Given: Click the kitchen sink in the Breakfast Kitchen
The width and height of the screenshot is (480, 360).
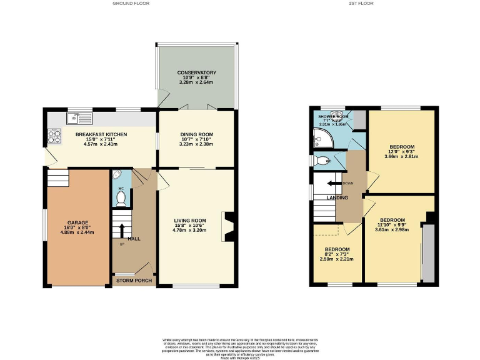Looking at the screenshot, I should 81,116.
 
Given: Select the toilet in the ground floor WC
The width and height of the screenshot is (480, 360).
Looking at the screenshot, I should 121,199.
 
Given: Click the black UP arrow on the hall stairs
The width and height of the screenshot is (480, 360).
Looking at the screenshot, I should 122,228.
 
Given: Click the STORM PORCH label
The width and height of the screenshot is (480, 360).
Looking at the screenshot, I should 134,281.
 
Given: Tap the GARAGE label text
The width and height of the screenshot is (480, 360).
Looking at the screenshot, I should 78,222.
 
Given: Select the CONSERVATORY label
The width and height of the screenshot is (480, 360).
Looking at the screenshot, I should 196,72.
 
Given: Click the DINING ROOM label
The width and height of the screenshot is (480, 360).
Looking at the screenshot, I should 196,134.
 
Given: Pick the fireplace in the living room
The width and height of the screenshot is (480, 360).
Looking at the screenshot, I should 229,226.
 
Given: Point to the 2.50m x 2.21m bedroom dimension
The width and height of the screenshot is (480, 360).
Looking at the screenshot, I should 336,259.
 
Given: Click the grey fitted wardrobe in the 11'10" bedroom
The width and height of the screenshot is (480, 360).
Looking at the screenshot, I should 427,254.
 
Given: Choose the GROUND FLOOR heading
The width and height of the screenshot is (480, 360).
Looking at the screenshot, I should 131,3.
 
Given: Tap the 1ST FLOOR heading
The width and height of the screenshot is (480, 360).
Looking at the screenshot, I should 360,3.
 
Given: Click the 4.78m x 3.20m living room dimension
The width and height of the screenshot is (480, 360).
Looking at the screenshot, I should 190,230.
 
